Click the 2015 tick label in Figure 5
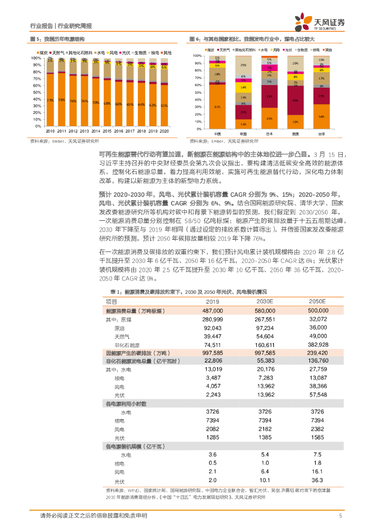coord(107,131)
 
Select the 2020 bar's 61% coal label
coord(164,105)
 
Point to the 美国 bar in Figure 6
coord(295,93)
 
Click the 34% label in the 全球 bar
coord(321,117)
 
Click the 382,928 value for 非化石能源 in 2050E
coord(318,344)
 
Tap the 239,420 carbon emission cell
coord(318,353)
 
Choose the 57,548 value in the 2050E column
coord(318,394)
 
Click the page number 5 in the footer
coord(340,516)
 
